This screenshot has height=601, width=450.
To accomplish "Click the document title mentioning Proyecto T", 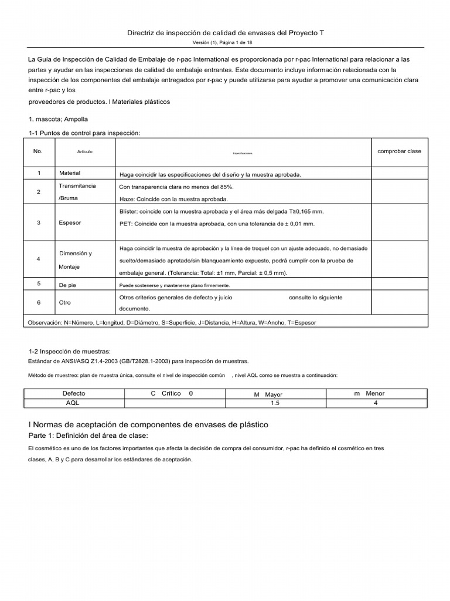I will coord(226,33).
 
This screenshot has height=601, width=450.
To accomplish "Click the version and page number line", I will coord(226,43).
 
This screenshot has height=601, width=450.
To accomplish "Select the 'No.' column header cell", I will coord(38,151).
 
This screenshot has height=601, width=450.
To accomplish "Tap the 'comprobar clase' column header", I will coord(399,151).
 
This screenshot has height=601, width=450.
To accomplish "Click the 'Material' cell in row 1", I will coord(70,174).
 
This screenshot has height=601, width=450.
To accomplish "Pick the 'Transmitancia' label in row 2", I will coord(77,186).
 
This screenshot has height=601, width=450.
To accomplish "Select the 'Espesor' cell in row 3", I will coord(70,223).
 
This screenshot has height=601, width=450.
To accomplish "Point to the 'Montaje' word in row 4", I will coord(70,266).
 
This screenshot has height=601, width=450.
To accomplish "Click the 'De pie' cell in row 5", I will coord(69,285).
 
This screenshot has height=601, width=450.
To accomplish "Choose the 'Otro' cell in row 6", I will coord(65,303).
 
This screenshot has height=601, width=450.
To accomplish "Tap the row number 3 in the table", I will coord(38,223).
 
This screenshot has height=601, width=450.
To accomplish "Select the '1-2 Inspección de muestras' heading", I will coord(70,351).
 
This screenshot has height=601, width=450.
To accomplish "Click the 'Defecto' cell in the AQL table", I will coord(74,393).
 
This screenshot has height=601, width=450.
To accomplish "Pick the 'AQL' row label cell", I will coord(74,404).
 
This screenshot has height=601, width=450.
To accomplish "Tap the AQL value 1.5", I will coord(275,404).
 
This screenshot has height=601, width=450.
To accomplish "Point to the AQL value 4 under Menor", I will coord(375,404).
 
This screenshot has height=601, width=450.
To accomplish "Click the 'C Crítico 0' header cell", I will coord(172,393).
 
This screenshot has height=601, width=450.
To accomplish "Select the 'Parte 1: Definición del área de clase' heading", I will coord(88,436).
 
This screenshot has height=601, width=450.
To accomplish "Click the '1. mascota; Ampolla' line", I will coord(59,119).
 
